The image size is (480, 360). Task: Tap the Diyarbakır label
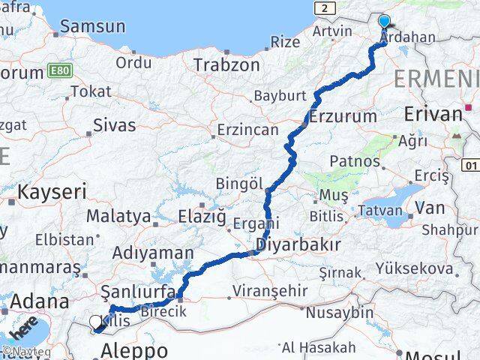coord(298,244)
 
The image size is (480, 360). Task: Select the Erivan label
coord(433,114)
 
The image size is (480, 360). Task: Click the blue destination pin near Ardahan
coord(385,22)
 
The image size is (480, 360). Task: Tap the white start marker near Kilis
coord(95,322)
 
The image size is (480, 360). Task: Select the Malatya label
coord(118,216)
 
